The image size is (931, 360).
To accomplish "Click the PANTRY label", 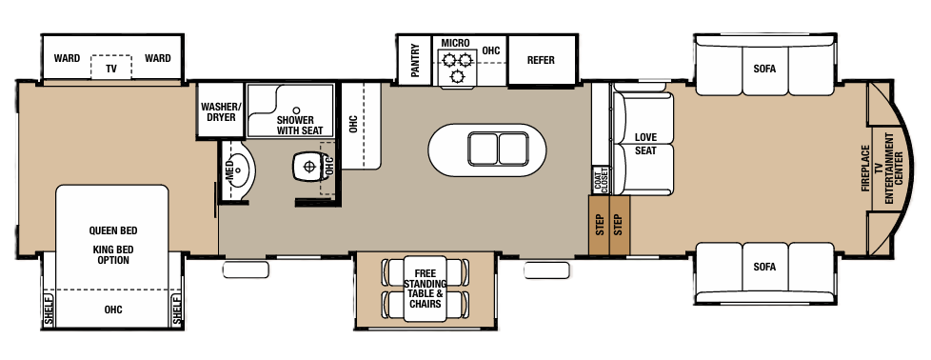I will pos(416,60).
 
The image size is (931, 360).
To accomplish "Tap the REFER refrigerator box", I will pos(541,60).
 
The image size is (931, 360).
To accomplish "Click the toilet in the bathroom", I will pos(307,166).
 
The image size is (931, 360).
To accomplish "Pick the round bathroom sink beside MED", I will pos(244,172).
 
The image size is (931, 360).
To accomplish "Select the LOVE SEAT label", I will pos(645,144).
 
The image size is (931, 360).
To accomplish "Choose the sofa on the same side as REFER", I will pos(764,68).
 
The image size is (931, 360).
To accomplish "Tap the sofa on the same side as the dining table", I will pos(764,267).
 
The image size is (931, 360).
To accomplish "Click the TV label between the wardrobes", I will pos(111,70).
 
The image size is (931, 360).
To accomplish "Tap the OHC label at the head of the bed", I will pos(113,310).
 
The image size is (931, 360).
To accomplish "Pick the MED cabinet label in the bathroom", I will pos(228,171).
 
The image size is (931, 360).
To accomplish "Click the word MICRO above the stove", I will pos(453,44).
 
